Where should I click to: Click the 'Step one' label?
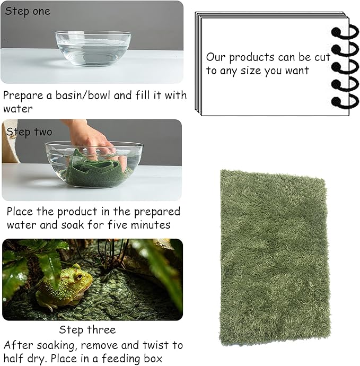[28, 11]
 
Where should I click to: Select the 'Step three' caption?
[86, 330]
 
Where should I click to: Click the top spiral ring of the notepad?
[345, 31]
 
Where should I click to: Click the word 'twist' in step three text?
[154, 345]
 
